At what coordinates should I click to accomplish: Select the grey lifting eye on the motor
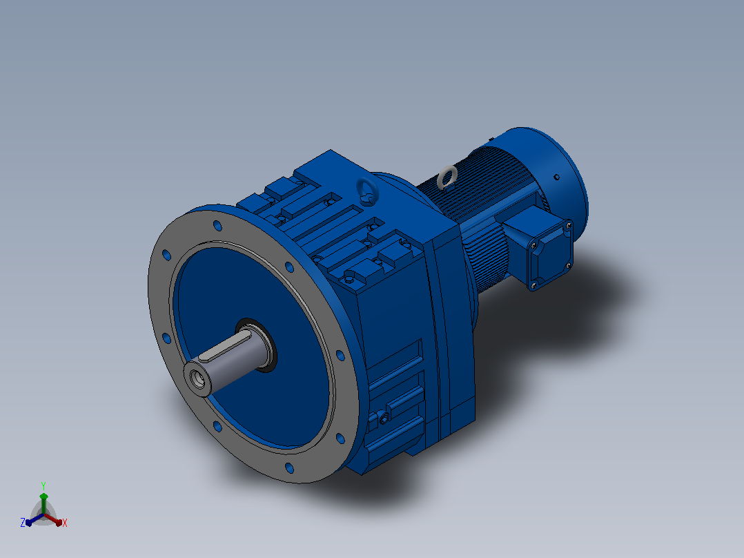point(447,177)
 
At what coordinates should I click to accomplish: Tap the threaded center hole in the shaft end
point(197,378)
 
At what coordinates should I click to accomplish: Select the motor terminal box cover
point(550,255)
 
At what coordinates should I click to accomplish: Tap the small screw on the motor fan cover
point(556,177)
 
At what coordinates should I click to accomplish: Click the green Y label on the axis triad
point(43,485)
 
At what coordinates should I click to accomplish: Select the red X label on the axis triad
point(65,523)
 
